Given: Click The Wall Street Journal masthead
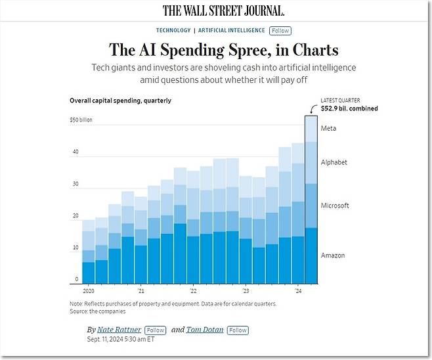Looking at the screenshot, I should [223, 11].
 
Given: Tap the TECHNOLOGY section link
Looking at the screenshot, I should [173, 31].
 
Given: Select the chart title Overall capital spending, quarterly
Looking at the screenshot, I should [120, 101].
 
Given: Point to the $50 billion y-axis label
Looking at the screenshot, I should [81, 120].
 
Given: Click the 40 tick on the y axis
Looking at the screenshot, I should [76, 152].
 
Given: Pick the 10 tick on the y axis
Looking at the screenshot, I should [76, 248].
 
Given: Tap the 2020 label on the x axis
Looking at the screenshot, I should [89, 290].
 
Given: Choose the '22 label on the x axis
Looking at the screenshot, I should [192, 290].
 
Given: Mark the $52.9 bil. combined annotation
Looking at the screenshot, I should [349, 108].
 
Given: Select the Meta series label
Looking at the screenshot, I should [328, 128].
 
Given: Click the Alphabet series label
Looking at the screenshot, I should [334, 162].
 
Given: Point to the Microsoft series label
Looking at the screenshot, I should [334, 206].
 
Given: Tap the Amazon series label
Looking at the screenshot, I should [332, 256].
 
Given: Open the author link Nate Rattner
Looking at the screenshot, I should [119, 330].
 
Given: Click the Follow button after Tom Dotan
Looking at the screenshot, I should [238, 330].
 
